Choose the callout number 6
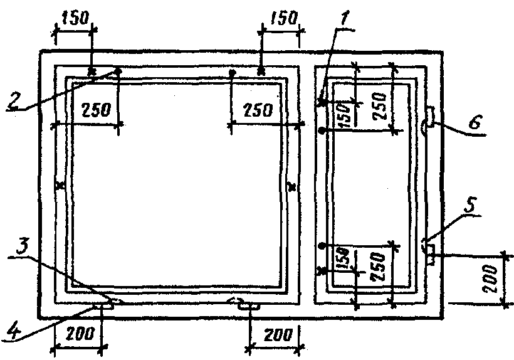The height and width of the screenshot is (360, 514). [476, 123]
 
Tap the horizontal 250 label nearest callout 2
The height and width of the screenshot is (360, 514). [95, 110]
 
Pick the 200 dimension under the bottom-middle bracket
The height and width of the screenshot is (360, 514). [275, 336]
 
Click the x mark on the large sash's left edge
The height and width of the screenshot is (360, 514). [60, 186]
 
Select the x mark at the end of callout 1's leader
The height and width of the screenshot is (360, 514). [323, 100]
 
